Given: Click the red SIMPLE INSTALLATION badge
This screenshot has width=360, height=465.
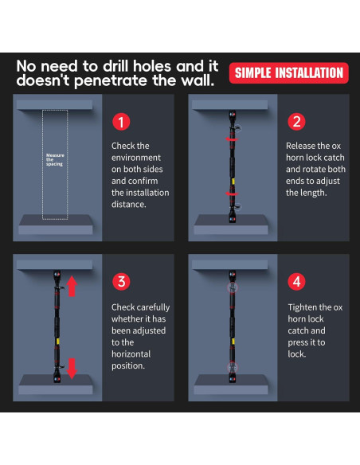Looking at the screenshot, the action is pos(289,73).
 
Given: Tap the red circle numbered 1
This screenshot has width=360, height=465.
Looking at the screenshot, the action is pos(121,122).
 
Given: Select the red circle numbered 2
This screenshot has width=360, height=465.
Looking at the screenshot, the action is pos(296,122).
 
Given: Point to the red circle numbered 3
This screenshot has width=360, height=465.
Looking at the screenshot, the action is pos(121,281).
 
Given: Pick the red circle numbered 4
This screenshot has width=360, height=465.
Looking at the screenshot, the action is pos(297,281).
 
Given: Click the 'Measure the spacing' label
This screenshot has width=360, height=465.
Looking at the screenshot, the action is pos(55,159).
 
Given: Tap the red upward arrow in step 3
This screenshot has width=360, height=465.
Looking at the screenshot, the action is pos(72,286).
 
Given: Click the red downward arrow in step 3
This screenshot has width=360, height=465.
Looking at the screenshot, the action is pos(72,369).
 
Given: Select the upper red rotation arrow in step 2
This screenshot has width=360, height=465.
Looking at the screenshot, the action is pos(232,139).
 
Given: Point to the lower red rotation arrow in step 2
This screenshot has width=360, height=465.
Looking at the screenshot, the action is pos(232,194).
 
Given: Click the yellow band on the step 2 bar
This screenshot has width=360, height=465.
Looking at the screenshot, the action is pos(233,182).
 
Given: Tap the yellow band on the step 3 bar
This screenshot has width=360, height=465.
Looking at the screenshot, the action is pos(58,342).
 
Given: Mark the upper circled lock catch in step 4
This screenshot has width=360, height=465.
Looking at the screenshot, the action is pos(233,287).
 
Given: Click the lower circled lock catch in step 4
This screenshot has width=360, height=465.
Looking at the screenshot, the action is pos(233,367).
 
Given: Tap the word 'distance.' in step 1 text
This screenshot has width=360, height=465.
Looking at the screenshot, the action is pos(129,205).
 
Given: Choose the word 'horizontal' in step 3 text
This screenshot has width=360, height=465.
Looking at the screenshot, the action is pos(131,354).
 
